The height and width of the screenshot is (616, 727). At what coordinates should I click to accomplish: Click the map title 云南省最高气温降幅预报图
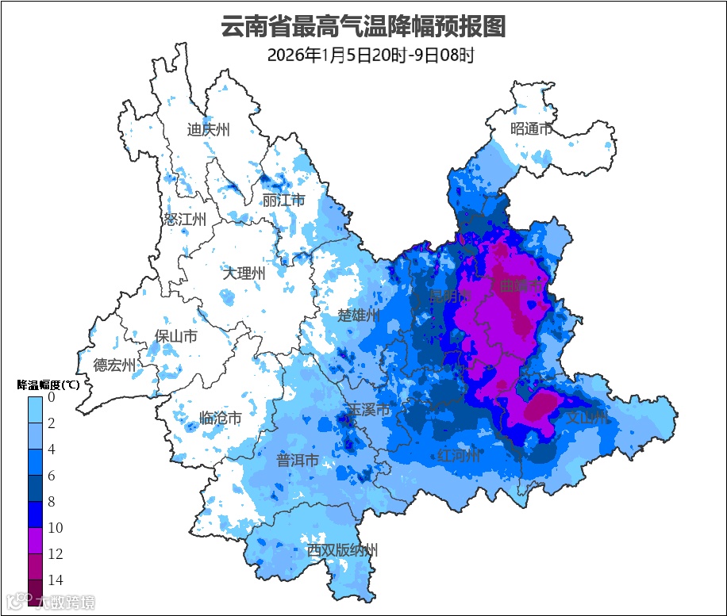(363, 26)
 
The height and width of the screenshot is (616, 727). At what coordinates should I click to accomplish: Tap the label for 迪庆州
(208, 130)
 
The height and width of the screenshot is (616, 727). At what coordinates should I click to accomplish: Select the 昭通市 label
(531, 128)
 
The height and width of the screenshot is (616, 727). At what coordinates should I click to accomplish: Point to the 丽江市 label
(283, 201)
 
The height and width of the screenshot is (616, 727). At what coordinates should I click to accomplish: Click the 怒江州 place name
(185, 220)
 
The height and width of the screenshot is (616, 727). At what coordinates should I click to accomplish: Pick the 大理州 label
(244, 274)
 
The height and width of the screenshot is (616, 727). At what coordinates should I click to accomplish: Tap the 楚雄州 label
(359, 316)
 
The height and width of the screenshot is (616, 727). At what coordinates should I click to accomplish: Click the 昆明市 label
(450, 297)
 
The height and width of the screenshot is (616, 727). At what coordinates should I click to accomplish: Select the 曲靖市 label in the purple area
(521, 285)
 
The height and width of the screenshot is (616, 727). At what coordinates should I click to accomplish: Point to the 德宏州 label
(114, 365)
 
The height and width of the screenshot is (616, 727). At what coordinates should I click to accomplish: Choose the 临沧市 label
(220, 418)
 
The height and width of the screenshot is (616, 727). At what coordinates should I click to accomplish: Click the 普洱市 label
(297, 461)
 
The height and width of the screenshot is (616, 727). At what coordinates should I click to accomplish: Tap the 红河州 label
(459, 456)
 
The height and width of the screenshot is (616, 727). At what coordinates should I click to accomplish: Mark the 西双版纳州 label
(343, 550)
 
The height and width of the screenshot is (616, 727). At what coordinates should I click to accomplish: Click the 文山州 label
(585, 417)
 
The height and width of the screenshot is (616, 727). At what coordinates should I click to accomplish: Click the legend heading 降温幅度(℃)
(48, 385)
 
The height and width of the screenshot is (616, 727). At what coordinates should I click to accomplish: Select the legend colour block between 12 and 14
(35, 566)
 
